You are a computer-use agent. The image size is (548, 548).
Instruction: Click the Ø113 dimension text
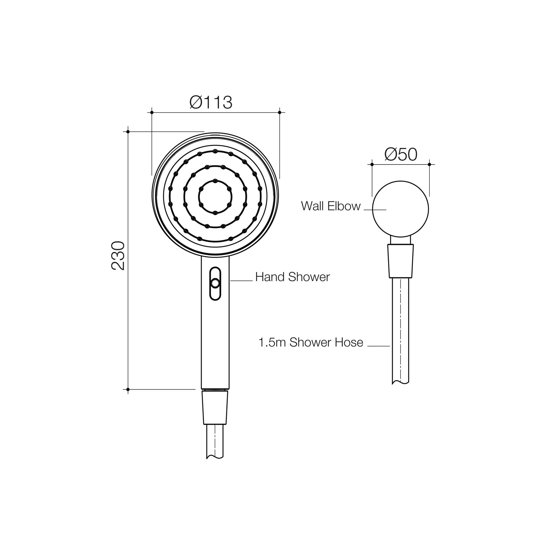pyautogui.click(x=211, y=102)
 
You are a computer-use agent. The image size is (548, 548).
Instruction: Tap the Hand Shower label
pyautogui.click(x=293, y=277)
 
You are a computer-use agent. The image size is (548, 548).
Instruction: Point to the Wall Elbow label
pyautogui.click(x=331, y=206)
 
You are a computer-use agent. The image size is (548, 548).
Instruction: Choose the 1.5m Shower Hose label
pyautogui.click(x=311, y=342)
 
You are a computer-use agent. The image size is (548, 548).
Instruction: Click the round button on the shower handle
pyautogui.click(x=215, y=283)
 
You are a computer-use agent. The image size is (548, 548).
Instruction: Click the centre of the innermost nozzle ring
pyautogui.click(x=215, y=197)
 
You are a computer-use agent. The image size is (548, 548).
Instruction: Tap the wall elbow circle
pyautogui.click(x=401, y=181)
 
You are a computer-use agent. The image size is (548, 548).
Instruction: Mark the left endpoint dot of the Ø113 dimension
pyautogui.click(x=152, y=112)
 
